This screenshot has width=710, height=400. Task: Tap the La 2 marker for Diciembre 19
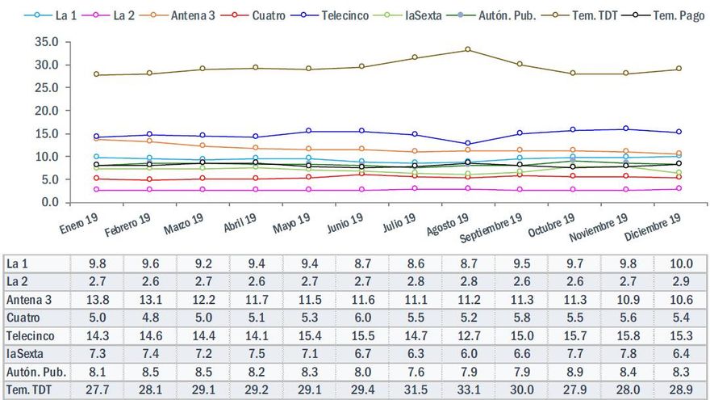pos(679,189)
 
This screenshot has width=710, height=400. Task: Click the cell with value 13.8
pos(96,300)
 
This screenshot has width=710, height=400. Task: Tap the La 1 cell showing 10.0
pos(681,264)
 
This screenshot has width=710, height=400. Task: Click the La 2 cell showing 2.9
pos(681,282)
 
